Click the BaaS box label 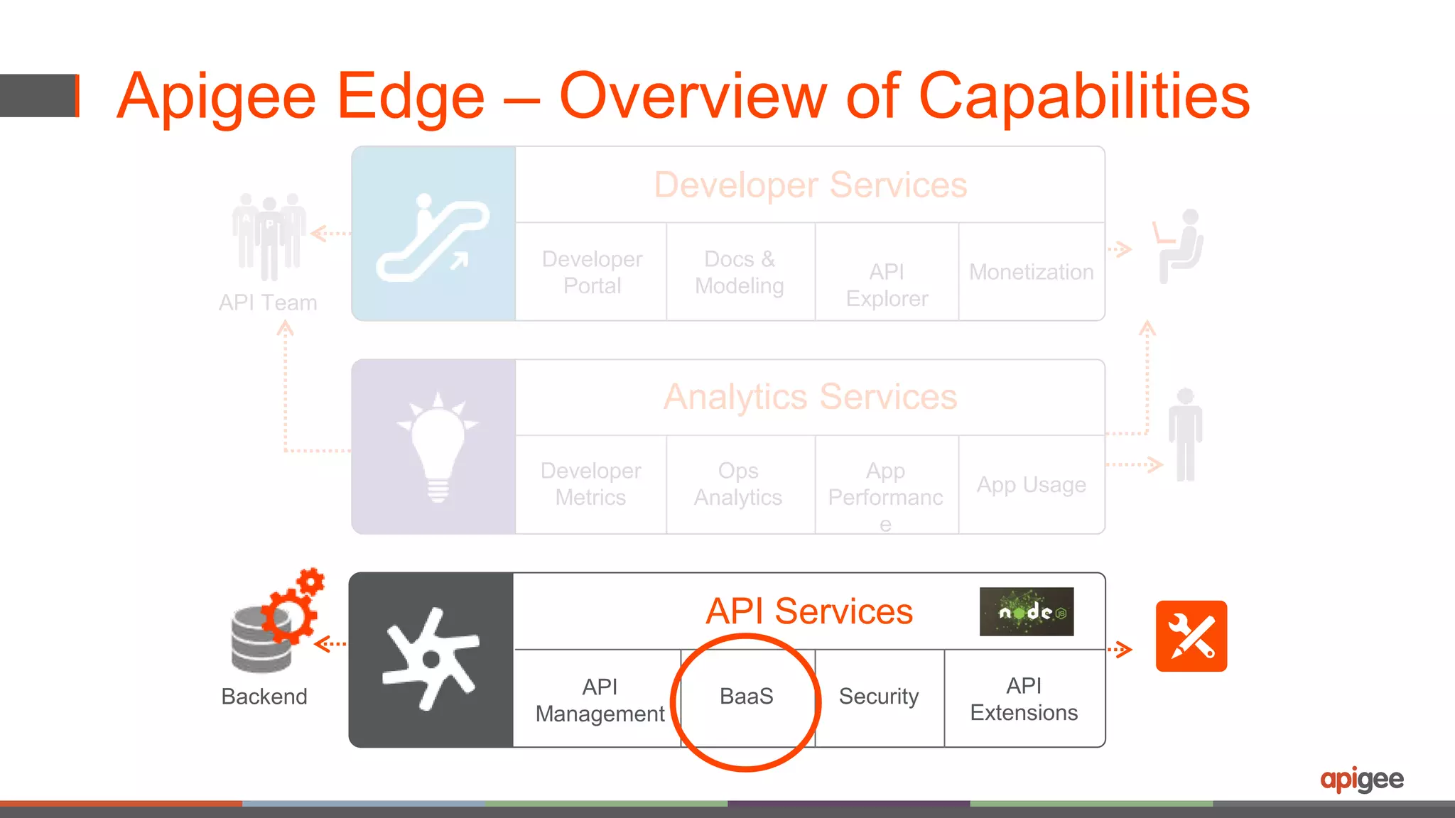[746, 697]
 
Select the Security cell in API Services [879, 697]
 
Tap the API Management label [600, 700]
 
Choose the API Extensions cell [1024, 699]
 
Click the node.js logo [1026, 611]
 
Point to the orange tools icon [1191, 636]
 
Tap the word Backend [264, 697]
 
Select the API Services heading [808, 611]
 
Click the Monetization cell [1031, 272]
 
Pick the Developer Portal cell [592, 272]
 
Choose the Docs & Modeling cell [740, 272]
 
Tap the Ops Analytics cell [738, 484]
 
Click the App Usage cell [1031, 484]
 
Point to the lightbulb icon [438, 447]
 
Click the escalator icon [433, 238]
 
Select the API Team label [268, 302]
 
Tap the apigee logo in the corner [1361, 780]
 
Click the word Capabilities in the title [1083, 97]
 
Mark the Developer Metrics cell [590, 484]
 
